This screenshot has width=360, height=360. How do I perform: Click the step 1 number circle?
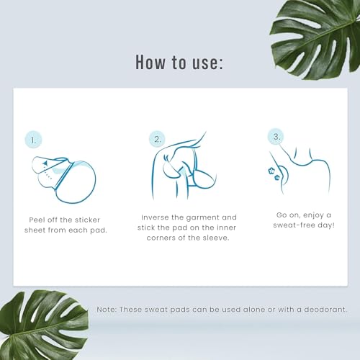[x=34, y=140]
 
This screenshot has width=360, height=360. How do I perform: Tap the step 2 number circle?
[x=158, y=139]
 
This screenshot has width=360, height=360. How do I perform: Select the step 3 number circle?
[x=276, y=136]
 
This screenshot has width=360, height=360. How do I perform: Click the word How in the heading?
[x=150, y=62]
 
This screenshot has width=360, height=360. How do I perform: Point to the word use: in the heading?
[x=208, y=63]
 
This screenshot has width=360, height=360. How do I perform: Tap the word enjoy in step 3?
[x=313, y=215]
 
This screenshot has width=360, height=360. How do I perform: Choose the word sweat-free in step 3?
[x=294, y=225]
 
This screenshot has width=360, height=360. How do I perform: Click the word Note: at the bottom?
[x=107, y=310]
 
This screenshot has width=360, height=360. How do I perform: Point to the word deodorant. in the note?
[x=325, y=310]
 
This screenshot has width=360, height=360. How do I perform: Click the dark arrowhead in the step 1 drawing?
[x=45, y=163]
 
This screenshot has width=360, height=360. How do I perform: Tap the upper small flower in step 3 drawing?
[x=271, y=171]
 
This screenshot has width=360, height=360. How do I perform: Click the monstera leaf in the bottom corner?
[x=43, y=325]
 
